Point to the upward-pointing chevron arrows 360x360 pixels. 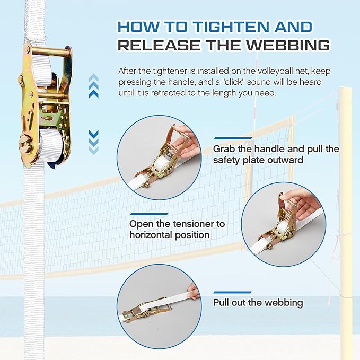(x=94, y=86)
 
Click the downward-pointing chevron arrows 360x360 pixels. (x=94, y=141)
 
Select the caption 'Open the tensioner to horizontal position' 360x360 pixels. (x=177, y=229)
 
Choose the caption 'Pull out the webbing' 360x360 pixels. (x=258, y=303)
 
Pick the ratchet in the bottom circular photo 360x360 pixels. (x=143, y=311)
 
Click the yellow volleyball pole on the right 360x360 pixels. (x=347, y=212)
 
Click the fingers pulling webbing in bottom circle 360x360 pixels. (x=194, y=291)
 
